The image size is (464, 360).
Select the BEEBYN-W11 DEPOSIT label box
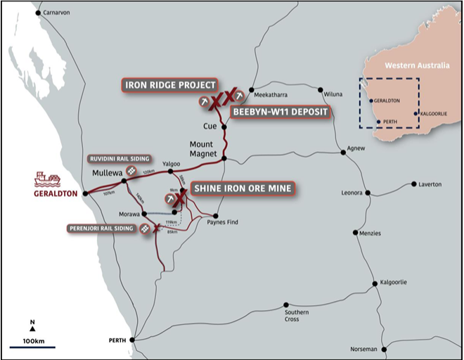pos(279,112)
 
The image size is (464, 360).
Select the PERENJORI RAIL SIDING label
pos(102,229)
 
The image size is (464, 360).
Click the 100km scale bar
pos(32,345)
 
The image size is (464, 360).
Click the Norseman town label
pos(365,349)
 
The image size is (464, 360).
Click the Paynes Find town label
pos(224,223)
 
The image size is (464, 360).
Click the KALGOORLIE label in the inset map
pos(434,112)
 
